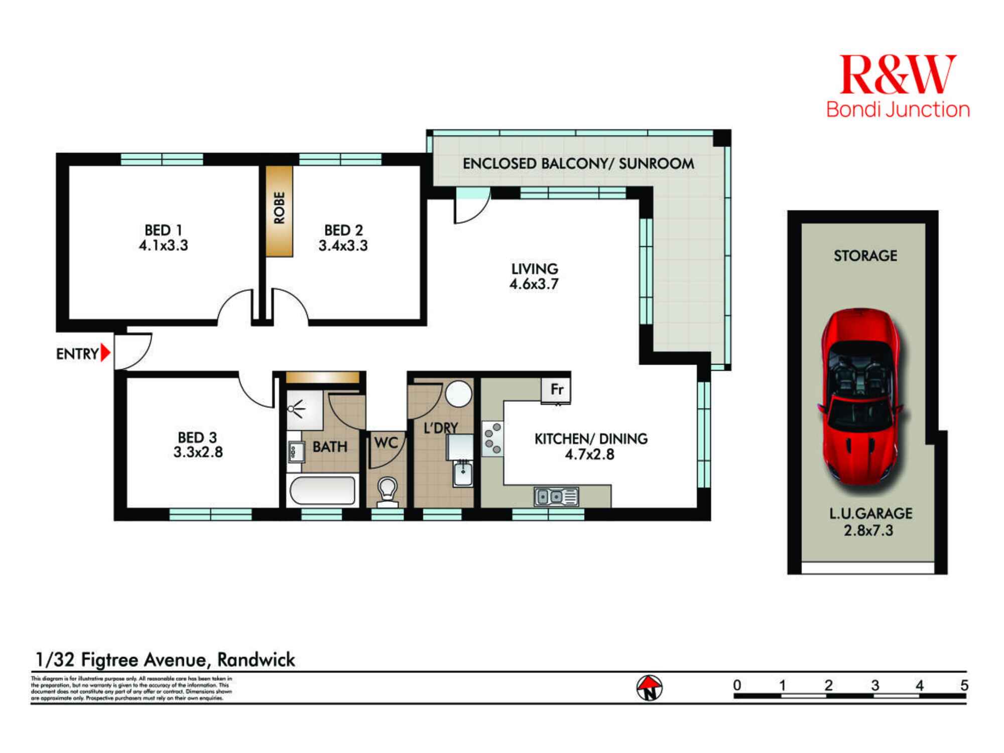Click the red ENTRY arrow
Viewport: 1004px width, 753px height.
pyautogui.click(x=105, y=353)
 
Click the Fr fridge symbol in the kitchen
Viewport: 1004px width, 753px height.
pyautogui.click(x=557, y=390)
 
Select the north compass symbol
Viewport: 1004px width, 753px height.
pyautogui.click(x=650, y=688)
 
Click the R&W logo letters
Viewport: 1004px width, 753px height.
pyautogui.click(x=898, y=75)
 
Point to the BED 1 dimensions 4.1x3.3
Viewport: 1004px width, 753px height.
pyautogui.click(x=164, y=245)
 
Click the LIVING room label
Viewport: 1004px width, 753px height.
pyautogui.click(x=535, y=269)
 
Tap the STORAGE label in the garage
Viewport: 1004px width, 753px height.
pyautogui.click(x=865, y=256)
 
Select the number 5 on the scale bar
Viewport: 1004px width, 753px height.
pyautogui.click(x=964, y=685)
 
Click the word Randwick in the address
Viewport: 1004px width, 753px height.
pyautogui.click(x=256, y=660)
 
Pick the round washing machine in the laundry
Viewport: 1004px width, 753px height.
pyautogui.click(x=458, y=393)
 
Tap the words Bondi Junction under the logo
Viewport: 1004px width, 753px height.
pyautogui.click(x=898, y=110)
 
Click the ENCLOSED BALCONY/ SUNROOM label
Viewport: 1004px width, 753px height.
pyautogui.click(x=578, y=164)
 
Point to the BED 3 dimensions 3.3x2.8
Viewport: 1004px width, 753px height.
pyautogui.click(x=198, y=452)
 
